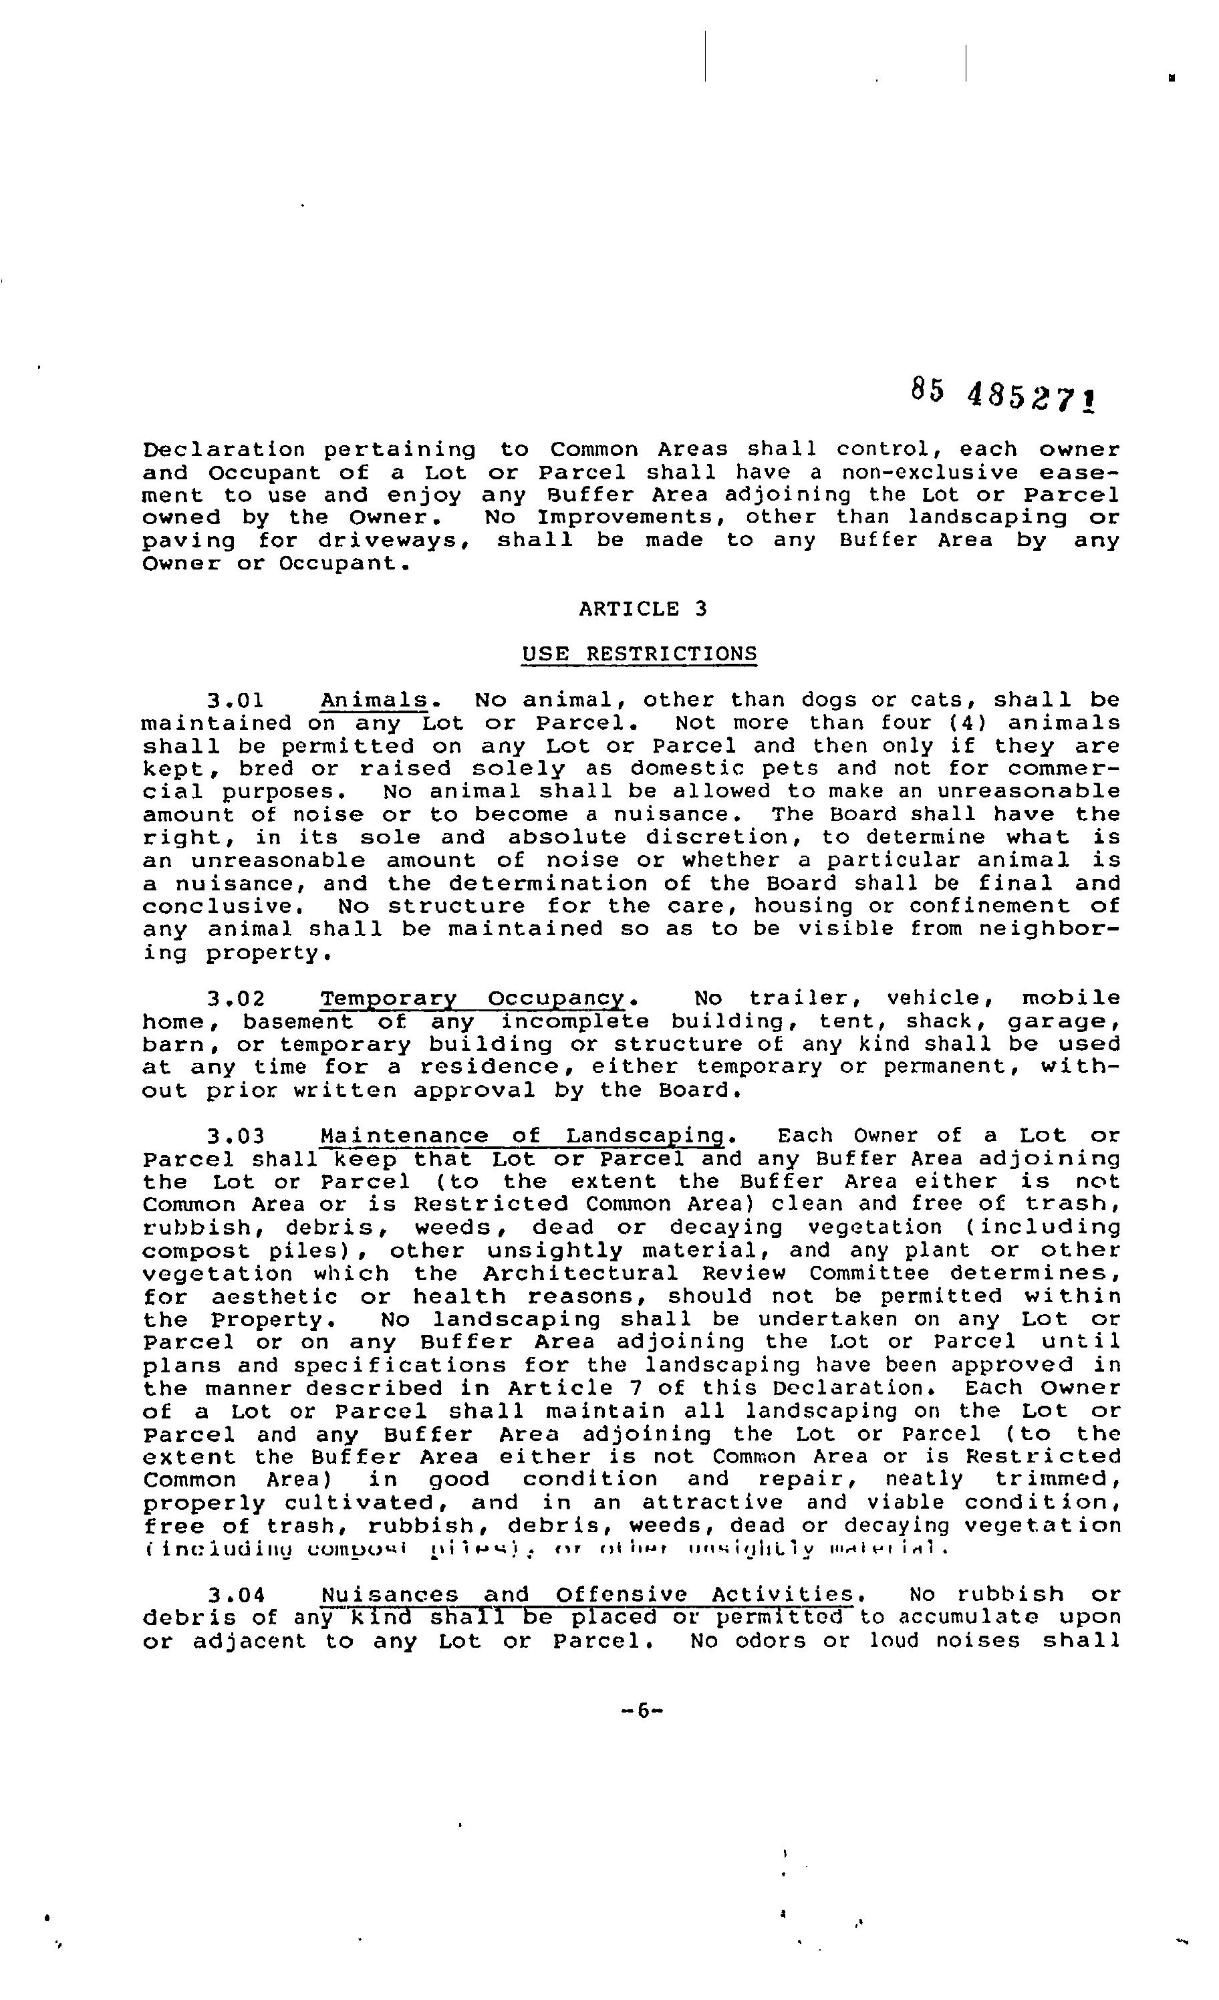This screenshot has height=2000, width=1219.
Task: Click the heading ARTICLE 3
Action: (643, 609)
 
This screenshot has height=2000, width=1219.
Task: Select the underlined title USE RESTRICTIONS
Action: (639, 654)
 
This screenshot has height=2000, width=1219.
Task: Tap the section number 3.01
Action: (235, 701)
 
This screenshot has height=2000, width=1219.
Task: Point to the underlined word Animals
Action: (374, 701)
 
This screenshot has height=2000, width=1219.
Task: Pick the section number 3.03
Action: (235, 1136)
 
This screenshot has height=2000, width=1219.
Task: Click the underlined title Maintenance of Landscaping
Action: (522, 1136)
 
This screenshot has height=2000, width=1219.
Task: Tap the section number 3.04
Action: (235, 1595)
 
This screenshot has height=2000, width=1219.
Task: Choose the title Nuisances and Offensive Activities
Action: (587, 1595)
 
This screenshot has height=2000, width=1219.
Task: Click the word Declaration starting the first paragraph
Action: (224, 449)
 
